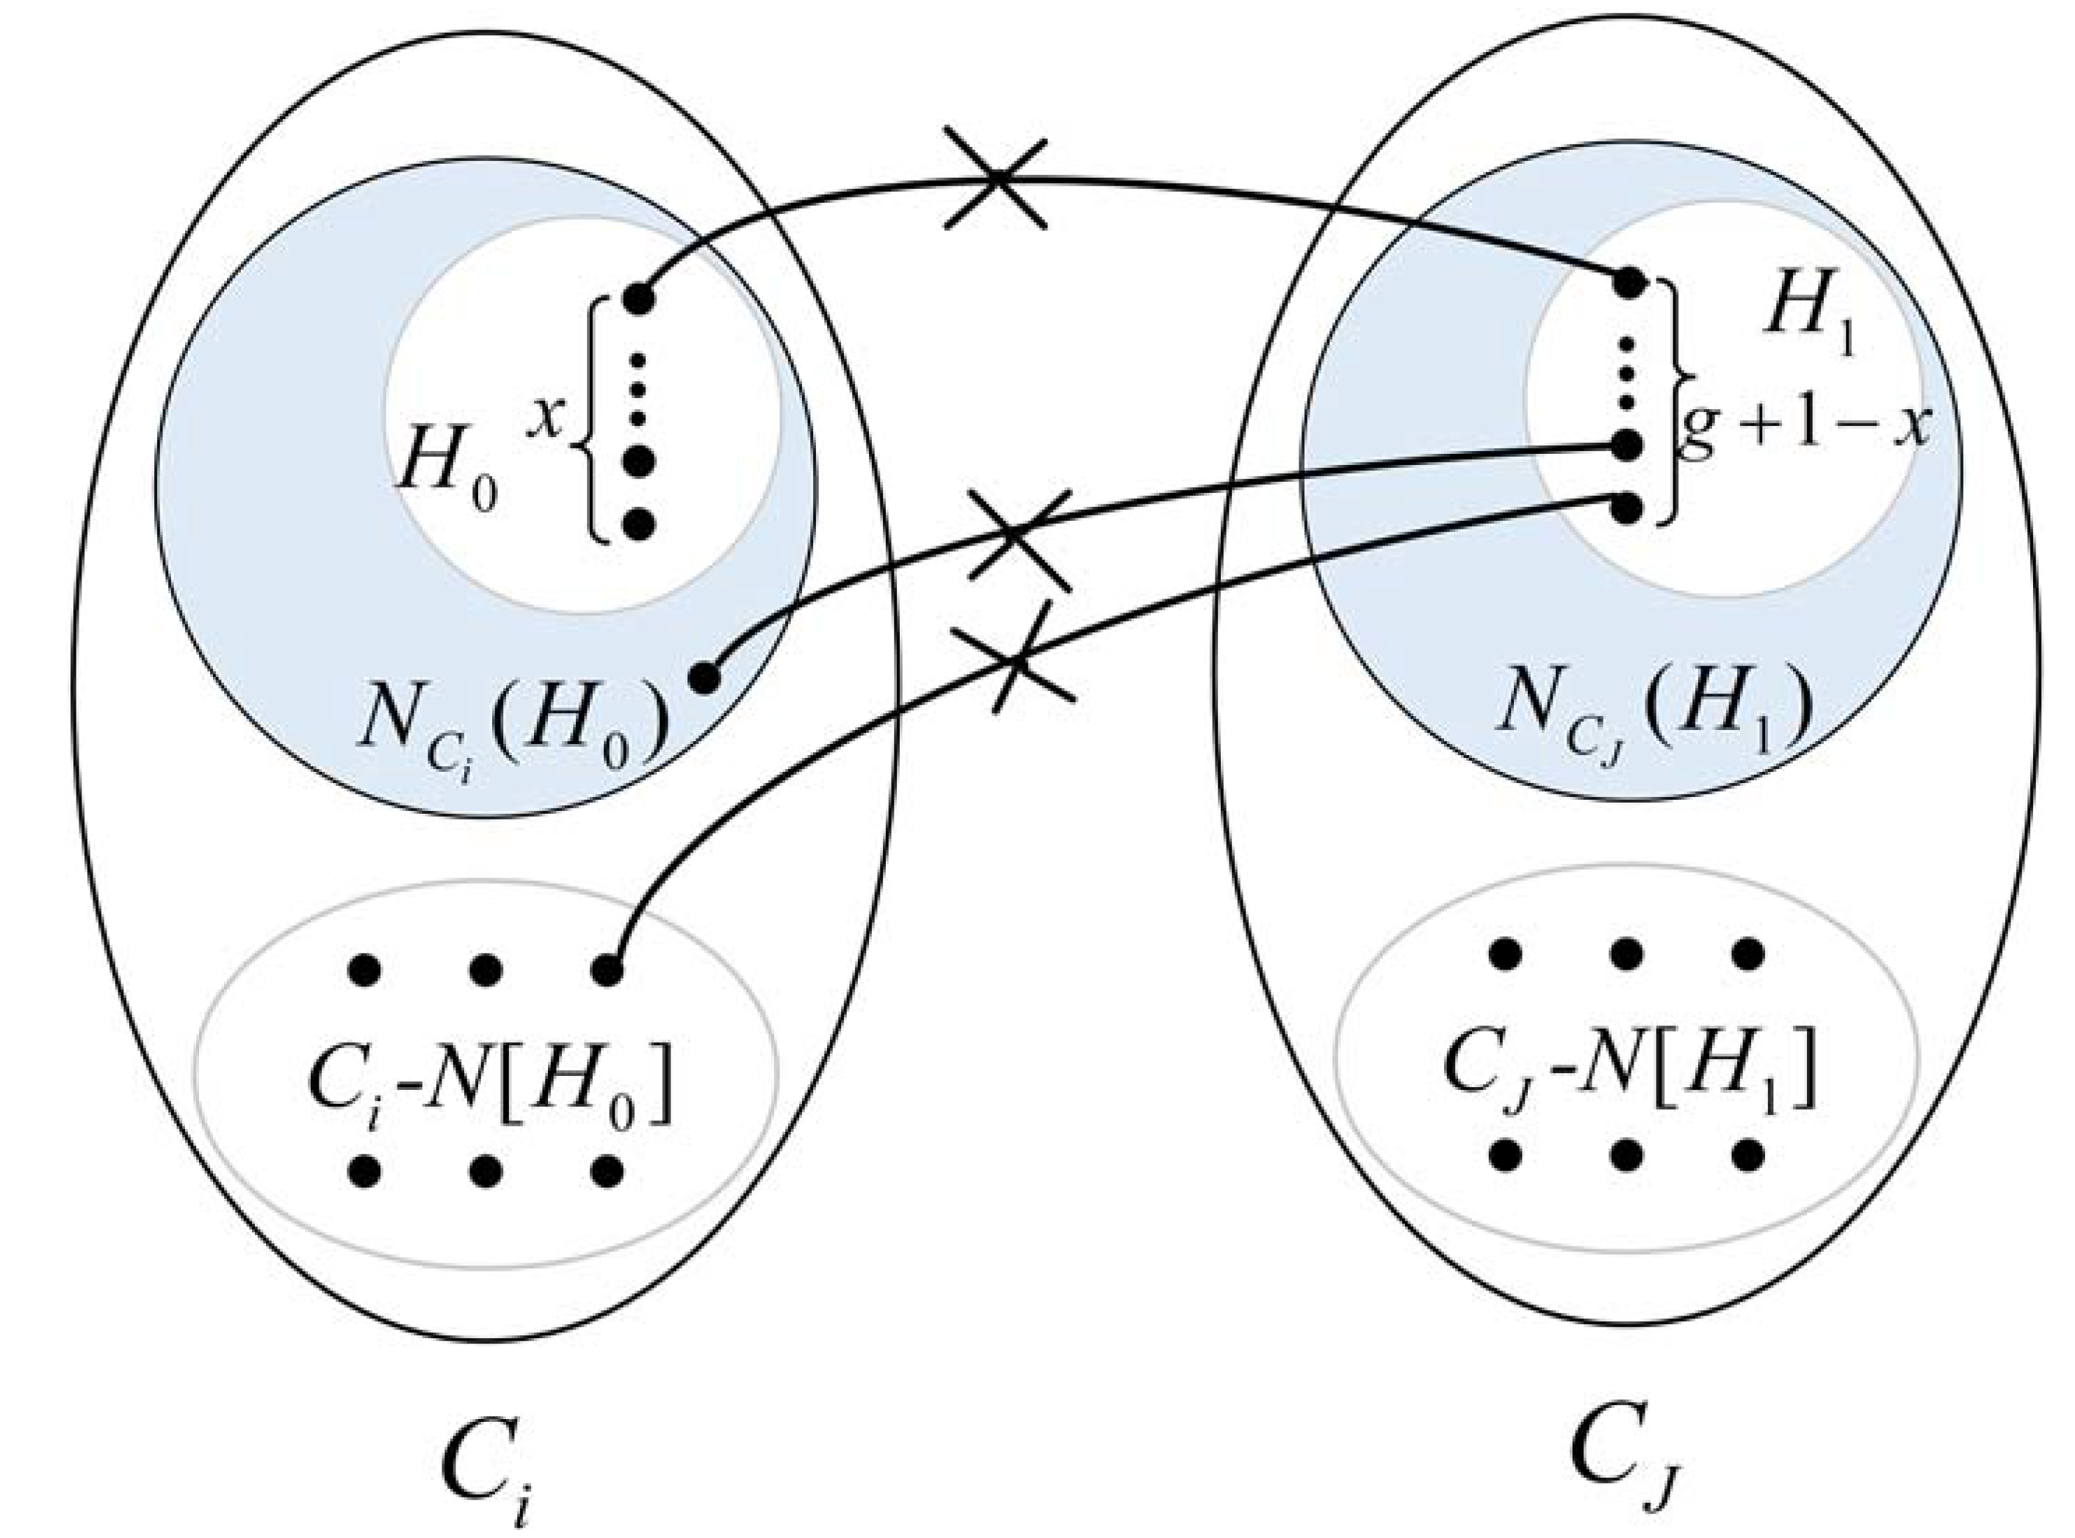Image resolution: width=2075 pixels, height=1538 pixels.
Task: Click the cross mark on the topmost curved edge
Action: [x=995, y=182]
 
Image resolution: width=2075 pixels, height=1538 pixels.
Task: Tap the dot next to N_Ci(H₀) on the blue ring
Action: [x=704, y=678]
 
